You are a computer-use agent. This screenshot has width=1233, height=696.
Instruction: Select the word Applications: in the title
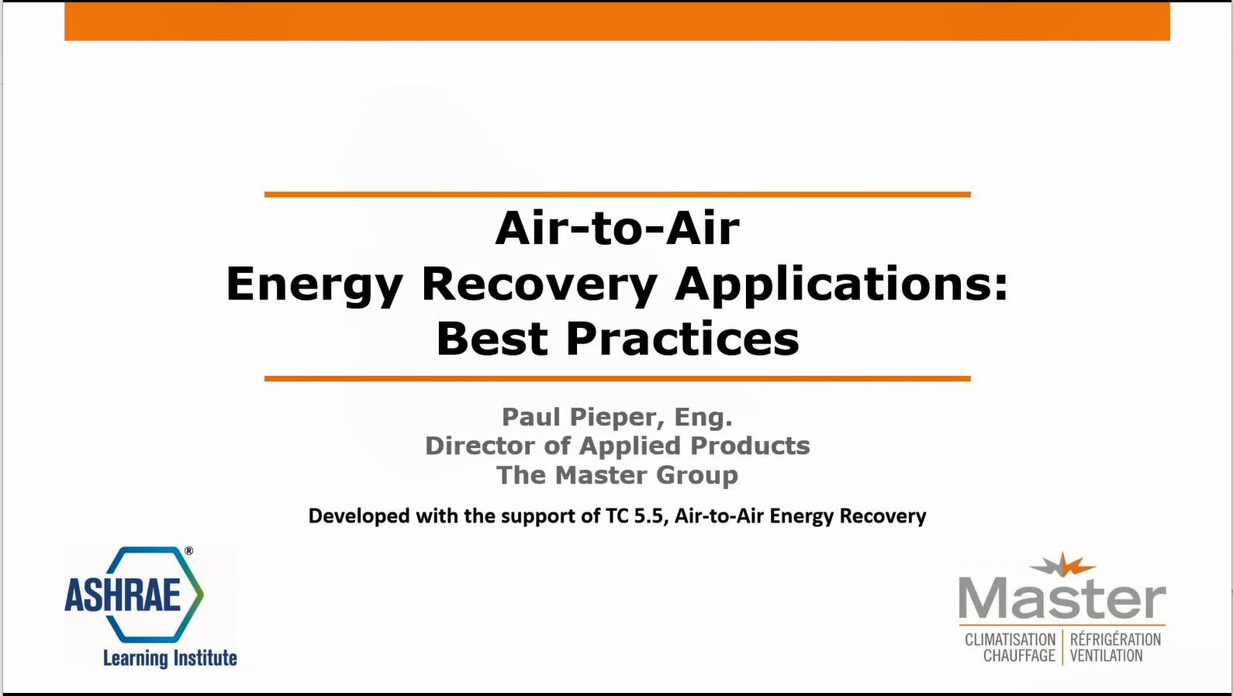click(x=841, y=285)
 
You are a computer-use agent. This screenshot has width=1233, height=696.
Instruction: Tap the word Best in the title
click(x=492, y=339)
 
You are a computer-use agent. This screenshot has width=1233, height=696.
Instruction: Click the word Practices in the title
click(x=682, y=339)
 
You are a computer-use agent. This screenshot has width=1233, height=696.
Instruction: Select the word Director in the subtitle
click(x=481, y=446)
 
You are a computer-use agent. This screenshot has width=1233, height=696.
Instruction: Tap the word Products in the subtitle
click(x=750, y=446)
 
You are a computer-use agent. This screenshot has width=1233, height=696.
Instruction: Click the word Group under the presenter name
click(x=697, y=475)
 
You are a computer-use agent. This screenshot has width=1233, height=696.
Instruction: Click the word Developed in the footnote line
click(x=359, y=517)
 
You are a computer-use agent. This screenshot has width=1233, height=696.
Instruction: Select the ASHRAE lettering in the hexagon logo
click(x=123, y=594)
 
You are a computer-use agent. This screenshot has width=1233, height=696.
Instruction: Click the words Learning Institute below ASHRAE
click(x=170, y=658)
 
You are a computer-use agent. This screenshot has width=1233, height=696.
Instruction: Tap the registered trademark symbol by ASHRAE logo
click(x=188, y=551)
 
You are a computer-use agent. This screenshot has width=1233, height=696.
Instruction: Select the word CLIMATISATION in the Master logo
click(x=1010, y=640)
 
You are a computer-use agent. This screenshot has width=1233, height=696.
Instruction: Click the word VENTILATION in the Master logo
click(x=1107, y=656)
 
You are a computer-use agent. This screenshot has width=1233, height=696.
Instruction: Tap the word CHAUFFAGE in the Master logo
click(x=1019, y=656)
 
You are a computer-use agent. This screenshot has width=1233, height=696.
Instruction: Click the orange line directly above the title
click(x=617, y=195)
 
